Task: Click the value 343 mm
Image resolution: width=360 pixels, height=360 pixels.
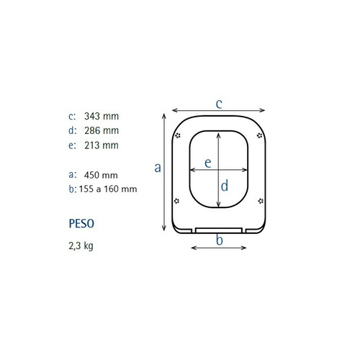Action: (102, 117)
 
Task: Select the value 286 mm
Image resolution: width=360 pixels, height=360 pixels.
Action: (102, 131)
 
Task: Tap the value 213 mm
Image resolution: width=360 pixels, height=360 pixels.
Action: (102, 145)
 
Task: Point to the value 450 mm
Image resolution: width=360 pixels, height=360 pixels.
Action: (101, 175)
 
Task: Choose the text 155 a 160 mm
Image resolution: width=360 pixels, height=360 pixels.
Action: (108, 189)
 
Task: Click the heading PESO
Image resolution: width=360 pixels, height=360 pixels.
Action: (81, 224)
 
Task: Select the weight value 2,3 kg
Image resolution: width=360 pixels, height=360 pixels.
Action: (81, 246)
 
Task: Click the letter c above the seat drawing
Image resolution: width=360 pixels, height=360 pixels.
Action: (219, 104)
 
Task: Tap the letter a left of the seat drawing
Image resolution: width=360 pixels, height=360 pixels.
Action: (158, 168)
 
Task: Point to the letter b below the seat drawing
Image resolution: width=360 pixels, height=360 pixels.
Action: (220, 240)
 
